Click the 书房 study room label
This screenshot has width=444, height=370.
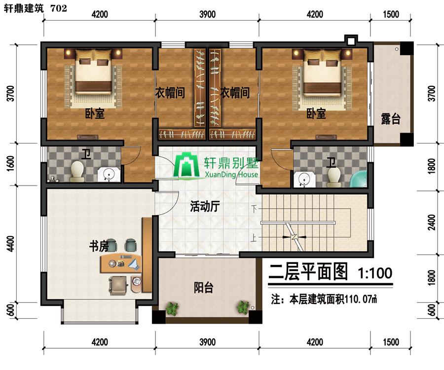click(99, 246)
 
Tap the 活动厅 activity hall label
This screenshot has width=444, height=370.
click(205, 206)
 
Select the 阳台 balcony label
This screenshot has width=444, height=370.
click(204, 288)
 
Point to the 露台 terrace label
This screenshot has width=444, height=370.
click(391, 119)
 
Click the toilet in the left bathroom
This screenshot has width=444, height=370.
click(77, 171)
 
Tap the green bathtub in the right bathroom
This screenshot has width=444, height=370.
click(359, 179)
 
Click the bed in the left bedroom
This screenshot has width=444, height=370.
click(93, 73)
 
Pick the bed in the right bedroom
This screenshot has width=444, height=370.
click(322, 73)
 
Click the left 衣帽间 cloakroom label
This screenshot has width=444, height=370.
click(170, 93)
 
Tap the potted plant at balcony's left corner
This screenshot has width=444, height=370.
click(172, 308)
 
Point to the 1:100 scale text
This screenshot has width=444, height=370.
click(375, 273)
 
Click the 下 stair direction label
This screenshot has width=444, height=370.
click(254, 209)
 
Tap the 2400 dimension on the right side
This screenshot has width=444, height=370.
click(432, 222)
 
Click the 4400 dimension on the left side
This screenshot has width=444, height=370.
click(10, 243)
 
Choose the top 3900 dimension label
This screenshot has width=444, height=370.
click(207, 14)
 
